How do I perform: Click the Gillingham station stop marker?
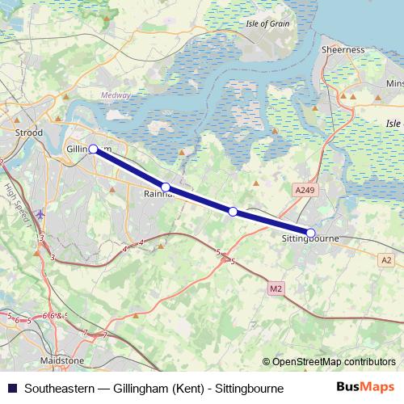click(93, 149)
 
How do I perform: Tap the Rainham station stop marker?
click(166, 187)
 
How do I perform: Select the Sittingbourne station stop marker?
click(311, 233)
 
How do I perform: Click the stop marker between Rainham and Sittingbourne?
click(233, 212)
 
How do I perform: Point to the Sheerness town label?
click(343, 49)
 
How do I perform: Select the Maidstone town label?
click(63, 360)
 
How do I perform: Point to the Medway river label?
click(115, 95)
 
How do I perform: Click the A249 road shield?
click(302, 190)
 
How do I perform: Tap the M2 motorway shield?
click(277, 287)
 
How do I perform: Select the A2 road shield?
click(386, 260)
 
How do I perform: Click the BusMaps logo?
click(364, 388)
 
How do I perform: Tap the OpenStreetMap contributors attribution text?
click(330, 362)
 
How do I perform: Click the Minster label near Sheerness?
click(394, 83)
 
